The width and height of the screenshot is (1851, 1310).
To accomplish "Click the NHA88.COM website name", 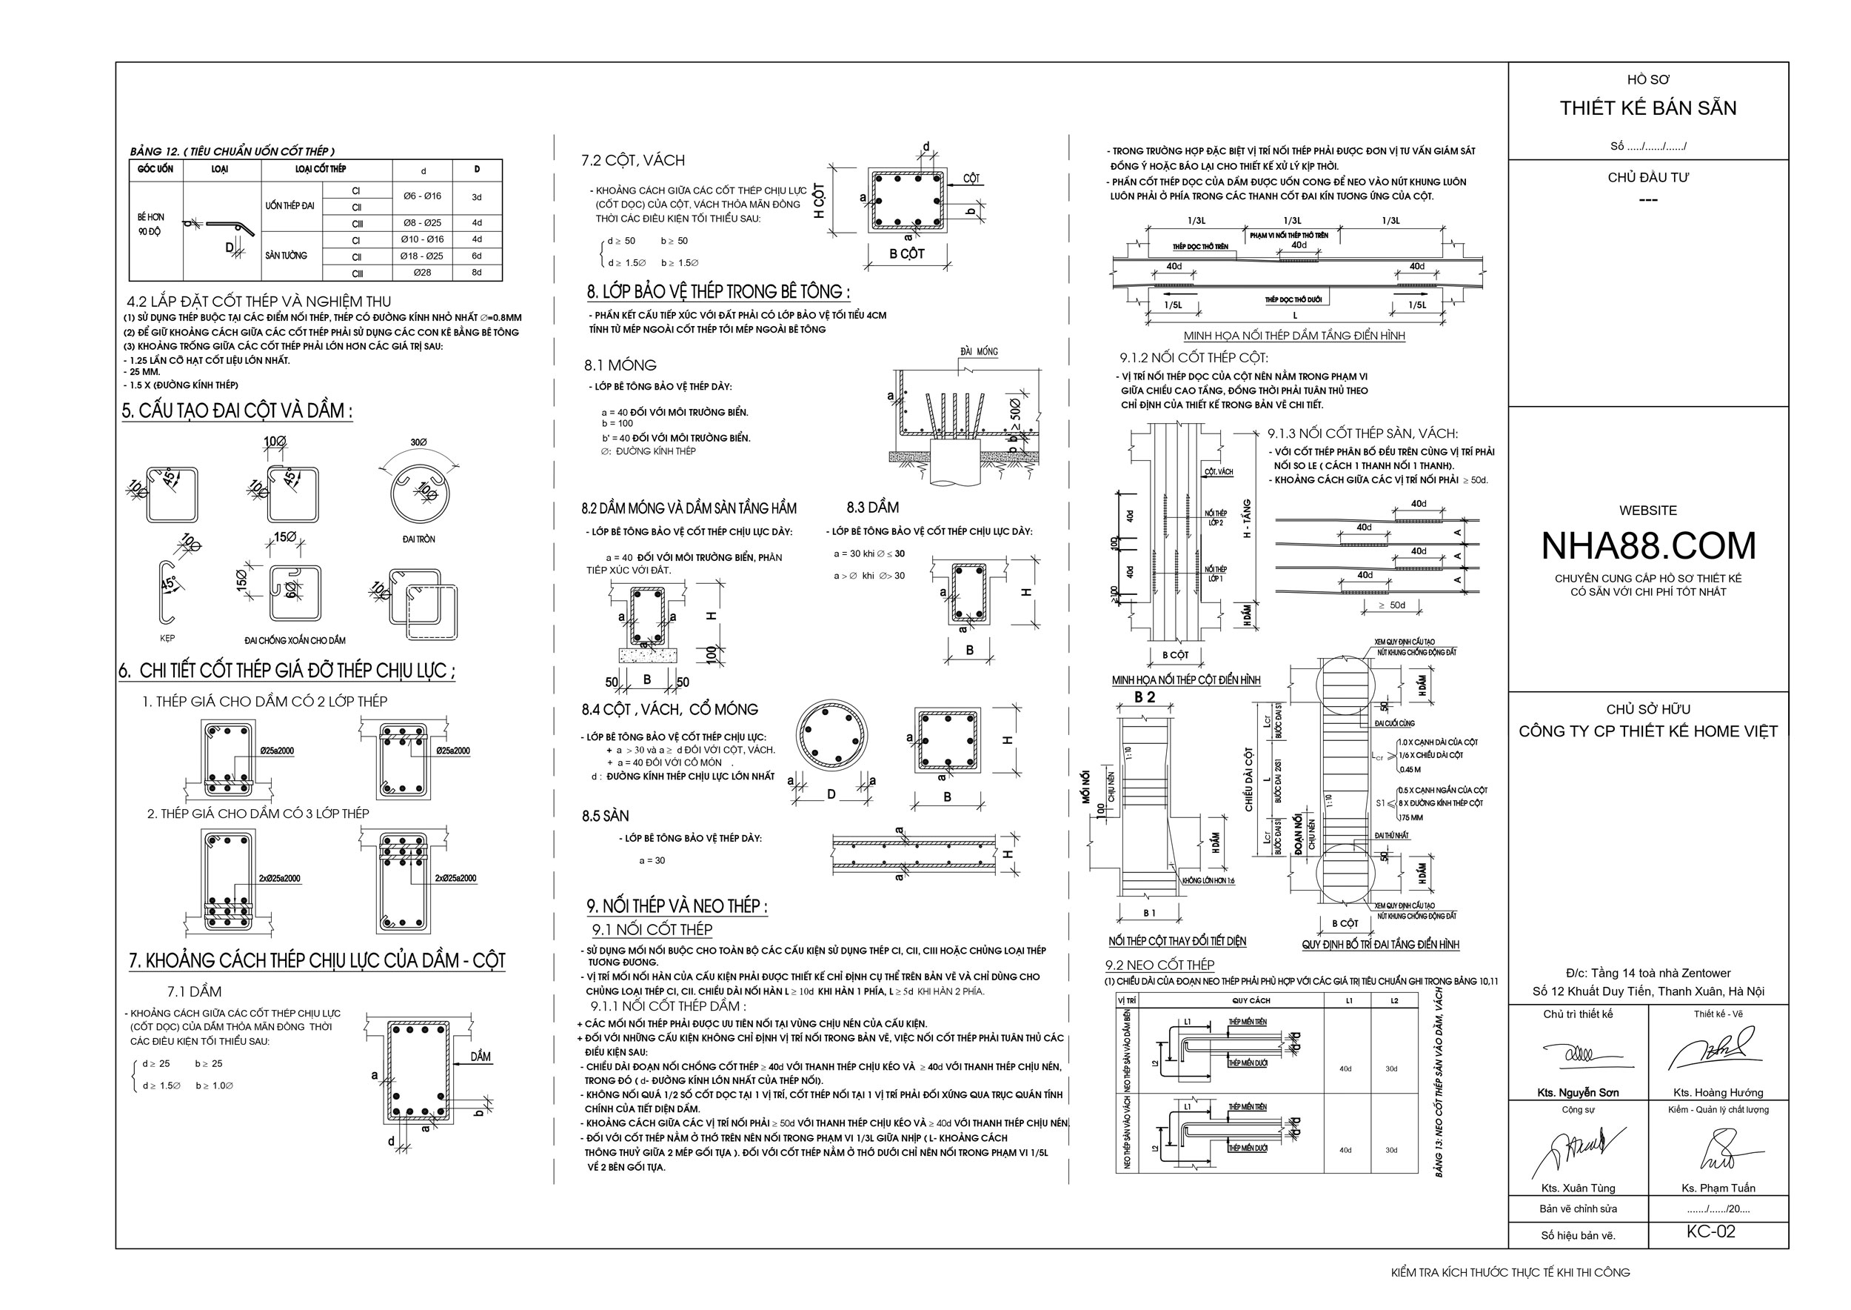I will (1648, 546).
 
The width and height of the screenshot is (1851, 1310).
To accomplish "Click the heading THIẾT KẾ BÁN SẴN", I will (1648, 108).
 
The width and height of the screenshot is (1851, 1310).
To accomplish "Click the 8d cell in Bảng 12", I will (477, 273).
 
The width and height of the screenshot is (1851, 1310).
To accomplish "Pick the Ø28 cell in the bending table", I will (423, 273).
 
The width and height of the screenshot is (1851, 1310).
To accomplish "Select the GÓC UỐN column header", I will (155, 170).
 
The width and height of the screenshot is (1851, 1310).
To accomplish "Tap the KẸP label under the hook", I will (167, 638).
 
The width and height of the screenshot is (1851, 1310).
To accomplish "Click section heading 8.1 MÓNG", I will (620, 365).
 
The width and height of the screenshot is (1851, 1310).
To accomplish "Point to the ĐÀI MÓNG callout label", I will (979, 352).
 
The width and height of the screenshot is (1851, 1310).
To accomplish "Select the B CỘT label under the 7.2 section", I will (907, 254).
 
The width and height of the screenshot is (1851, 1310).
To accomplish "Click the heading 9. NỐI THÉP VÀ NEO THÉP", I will (677, 906).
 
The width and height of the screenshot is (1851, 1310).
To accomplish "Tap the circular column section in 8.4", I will (832, 737).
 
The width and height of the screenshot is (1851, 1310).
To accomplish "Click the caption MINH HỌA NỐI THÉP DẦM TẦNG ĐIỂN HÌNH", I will (1294, 336).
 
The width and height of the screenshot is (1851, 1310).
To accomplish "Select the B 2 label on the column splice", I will (1145, 697).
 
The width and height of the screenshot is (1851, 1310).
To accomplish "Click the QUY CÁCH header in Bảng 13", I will (1251, 1000).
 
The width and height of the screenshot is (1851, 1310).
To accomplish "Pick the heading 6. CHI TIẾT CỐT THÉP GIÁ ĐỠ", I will (288, 671).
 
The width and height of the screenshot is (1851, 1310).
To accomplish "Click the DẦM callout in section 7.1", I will (481, 1057).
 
